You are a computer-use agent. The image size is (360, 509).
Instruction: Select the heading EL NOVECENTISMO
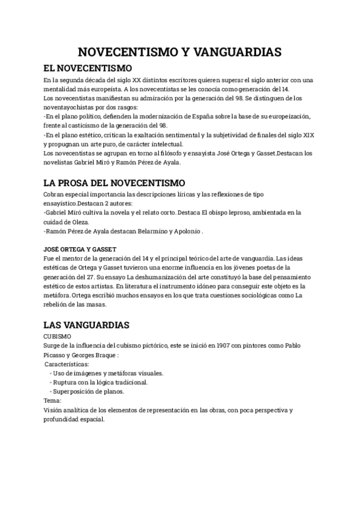tap(88, 68)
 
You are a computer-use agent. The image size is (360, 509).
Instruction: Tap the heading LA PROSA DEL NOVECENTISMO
tap(115, 183)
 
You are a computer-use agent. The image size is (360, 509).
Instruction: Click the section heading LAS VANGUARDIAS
tap(86, 325)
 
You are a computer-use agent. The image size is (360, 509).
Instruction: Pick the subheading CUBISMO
tap(58, 337)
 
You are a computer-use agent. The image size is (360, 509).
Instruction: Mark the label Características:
tap(67, 364)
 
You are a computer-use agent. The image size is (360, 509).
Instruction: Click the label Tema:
tap(53, 400)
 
